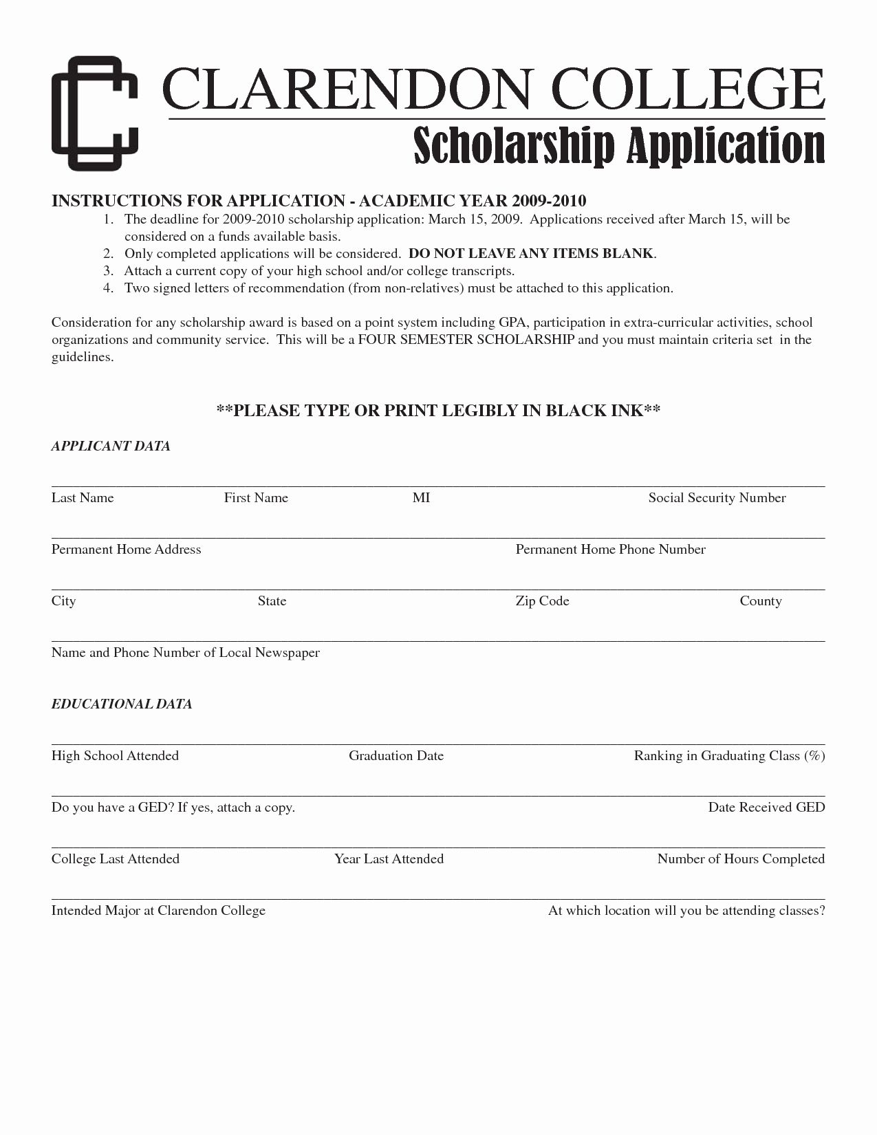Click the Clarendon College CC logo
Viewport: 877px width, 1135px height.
[x=94, y=113]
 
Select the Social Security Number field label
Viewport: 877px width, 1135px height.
[x=717, y=498]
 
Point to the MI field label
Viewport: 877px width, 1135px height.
[x=421, y=498]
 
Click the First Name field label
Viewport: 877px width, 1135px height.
[x=256, y=498]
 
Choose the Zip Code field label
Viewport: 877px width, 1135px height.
[x=542, y=601]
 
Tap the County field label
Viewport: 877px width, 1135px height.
[x=761, y=601]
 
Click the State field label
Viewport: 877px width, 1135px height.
[x=272, y=601]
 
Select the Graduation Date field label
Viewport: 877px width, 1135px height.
[x=396, y=756]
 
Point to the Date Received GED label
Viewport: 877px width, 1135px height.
[x=766, y=808]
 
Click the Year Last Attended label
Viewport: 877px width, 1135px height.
[x=389, y=859]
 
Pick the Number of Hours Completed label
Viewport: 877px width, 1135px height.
[x=741, y=859]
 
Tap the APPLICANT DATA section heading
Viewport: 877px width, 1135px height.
[x=111, y=446]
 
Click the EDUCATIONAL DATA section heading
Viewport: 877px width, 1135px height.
[x=122, y=704]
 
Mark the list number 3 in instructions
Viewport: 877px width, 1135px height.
[x=107, y=271]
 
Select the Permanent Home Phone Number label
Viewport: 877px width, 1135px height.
[x=610, y=550]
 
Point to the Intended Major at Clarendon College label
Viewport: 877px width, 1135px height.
[x=158, y=911]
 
